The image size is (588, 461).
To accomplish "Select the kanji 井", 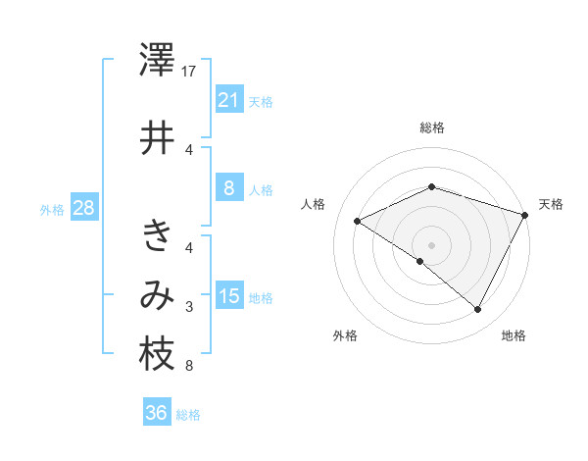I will point(157,137).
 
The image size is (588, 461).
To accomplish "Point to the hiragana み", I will point(157,295).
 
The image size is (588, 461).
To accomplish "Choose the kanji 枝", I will point(157,355).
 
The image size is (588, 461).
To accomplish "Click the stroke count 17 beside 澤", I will point(190,73).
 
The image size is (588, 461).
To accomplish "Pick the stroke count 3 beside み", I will point(189,308).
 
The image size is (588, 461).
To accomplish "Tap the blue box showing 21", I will point(228,100).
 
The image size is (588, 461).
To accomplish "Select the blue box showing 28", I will point(83,208).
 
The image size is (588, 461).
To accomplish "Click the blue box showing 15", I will point(228,297).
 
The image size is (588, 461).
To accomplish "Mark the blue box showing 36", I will point(156,414).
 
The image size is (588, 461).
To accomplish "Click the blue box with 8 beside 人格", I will point(228,189).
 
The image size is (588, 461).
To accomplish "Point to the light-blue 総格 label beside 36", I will point(188,415).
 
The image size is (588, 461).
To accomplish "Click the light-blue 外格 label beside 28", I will point(51,209).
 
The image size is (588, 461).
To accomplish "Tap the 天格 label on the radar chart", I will point(551,204).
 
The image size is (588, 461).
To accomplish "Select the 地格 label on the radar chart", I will point(513,336).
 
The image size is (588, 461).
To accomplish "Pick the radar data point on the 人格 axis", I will point(358,221).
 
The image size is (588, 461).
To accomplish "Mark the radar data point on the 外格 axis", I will point(420,261).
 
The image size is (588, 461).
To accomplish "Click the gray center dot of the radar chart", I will point(432,244).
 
